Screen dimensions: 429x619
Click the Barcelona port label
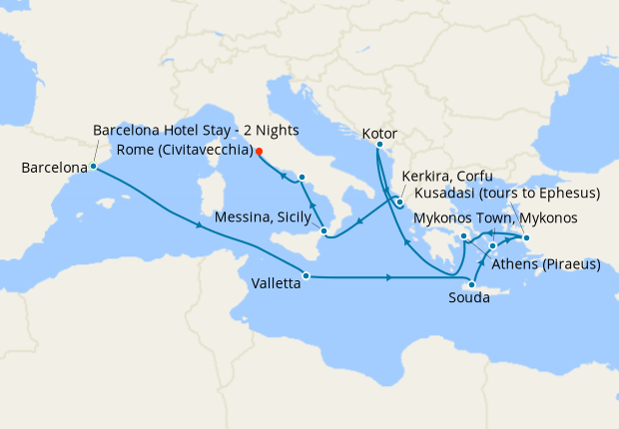pyautogui.click(x=53, y=168)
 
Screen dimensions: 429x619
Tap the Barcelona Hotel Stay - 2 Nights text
pyautogui.click(x=196, y=131)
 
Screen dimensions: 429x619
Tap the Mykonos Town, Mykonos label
pyautogui.click(x=494, y=218)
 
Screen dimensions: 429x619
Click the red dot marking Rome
pyautogui.click(x=259, y=152)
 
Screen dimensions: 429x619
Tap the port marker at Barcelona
pyautogui.click(x=93, y=167)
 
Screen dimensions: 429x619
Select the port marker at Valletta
pyautogui.click(x=306, y=275)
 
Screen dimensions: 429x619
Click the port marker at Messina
pyautogui.click(x=323, y=231)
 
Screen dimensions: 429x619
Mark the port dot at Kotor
pyautogui.click(x=379, y=146)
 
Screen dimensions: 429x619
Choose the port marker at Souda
pyautogui.click(x=471, y=285)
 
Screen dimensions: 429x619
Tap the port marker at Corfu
pyautogui.click(x=398, y=204)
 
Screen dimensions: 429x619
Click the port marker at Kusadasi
pyautogui.click(x=526, y=237)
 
